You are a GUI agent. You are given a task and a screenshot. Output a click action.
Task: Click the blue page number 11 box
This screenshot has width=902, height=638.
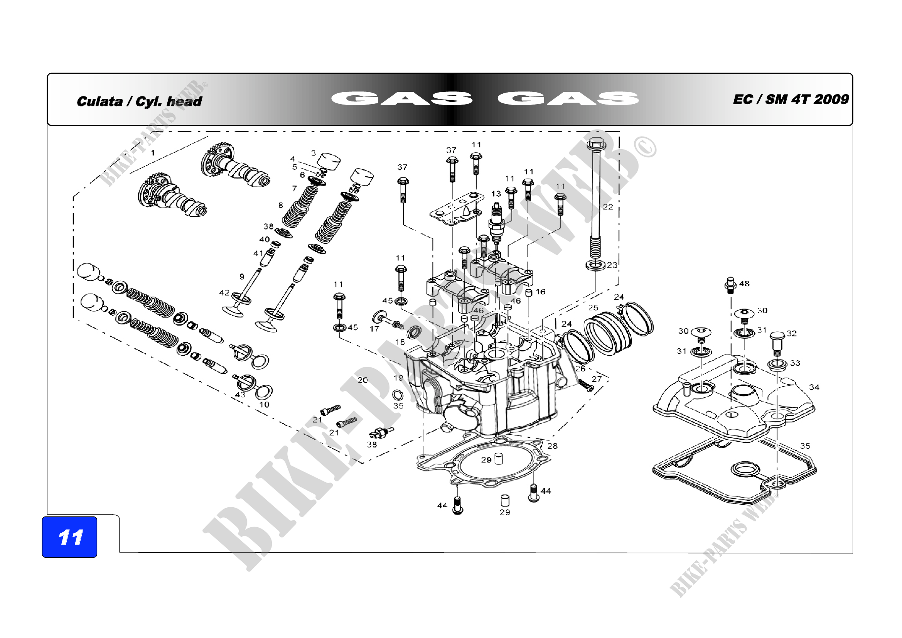coord(69,537)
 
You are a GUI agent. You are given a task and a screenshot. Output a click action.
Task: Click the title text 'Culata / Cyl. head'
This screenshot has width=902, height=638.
coord(139,101)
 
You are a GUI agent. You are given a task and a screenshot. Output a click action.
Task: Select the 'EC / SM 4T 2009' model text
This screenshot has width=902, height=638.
coord(791,100)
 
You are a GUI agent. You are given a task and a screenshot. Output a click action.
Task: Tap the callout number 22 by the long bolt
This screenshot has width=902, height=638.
coord(608,207)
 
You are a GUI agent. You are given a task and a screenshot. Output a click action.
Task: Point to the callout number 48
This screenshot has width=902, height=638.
coord(744,284)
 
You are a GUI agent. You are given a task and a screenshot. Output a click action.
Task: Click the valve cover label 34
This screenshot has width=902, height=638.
coord(814,387)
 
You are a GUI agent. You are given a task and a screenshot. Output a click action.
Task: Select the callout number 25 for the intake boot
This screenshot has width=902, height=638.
coord(593,307)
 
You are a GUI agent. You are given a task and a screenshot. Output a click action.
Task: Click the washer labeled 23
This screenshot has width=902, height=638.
coord(595,265)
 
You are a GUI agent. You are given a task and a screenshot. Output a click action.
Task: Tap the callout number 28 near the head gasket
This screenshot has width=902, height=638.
coord(552,446)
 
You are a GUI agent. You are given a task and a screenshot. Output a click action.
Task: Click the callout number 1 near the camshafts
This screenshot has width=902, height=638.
coord(153,153)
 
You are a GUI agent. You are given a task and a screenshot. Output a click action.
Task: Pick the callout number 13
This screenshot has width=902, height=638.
coord(496,194)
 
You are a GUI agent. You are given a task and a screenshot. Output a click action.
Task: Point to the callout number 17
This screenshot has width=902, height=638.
coord(374,328)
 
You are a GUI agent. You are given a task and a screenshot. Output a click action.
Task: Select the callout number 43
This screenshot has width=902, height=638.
coord(240,395)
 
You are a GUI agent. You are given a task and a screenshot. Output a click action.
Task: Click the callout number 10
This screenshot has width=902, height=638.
coord(264,405)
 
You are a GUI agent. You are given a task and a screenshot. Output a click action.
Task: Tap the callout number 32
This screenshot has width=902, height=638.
coord(792,334)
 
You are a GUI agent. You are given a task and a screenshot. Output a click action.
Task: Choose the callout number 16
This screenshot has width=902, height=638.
coord(541,292)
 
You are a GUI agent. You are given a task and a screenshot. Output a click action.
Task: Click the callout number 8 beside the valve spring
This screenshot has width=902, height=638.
coord(280,205)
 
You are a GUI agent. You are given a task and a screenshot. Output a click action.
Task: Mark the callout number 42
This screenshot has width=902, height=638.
coord(224,293)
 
